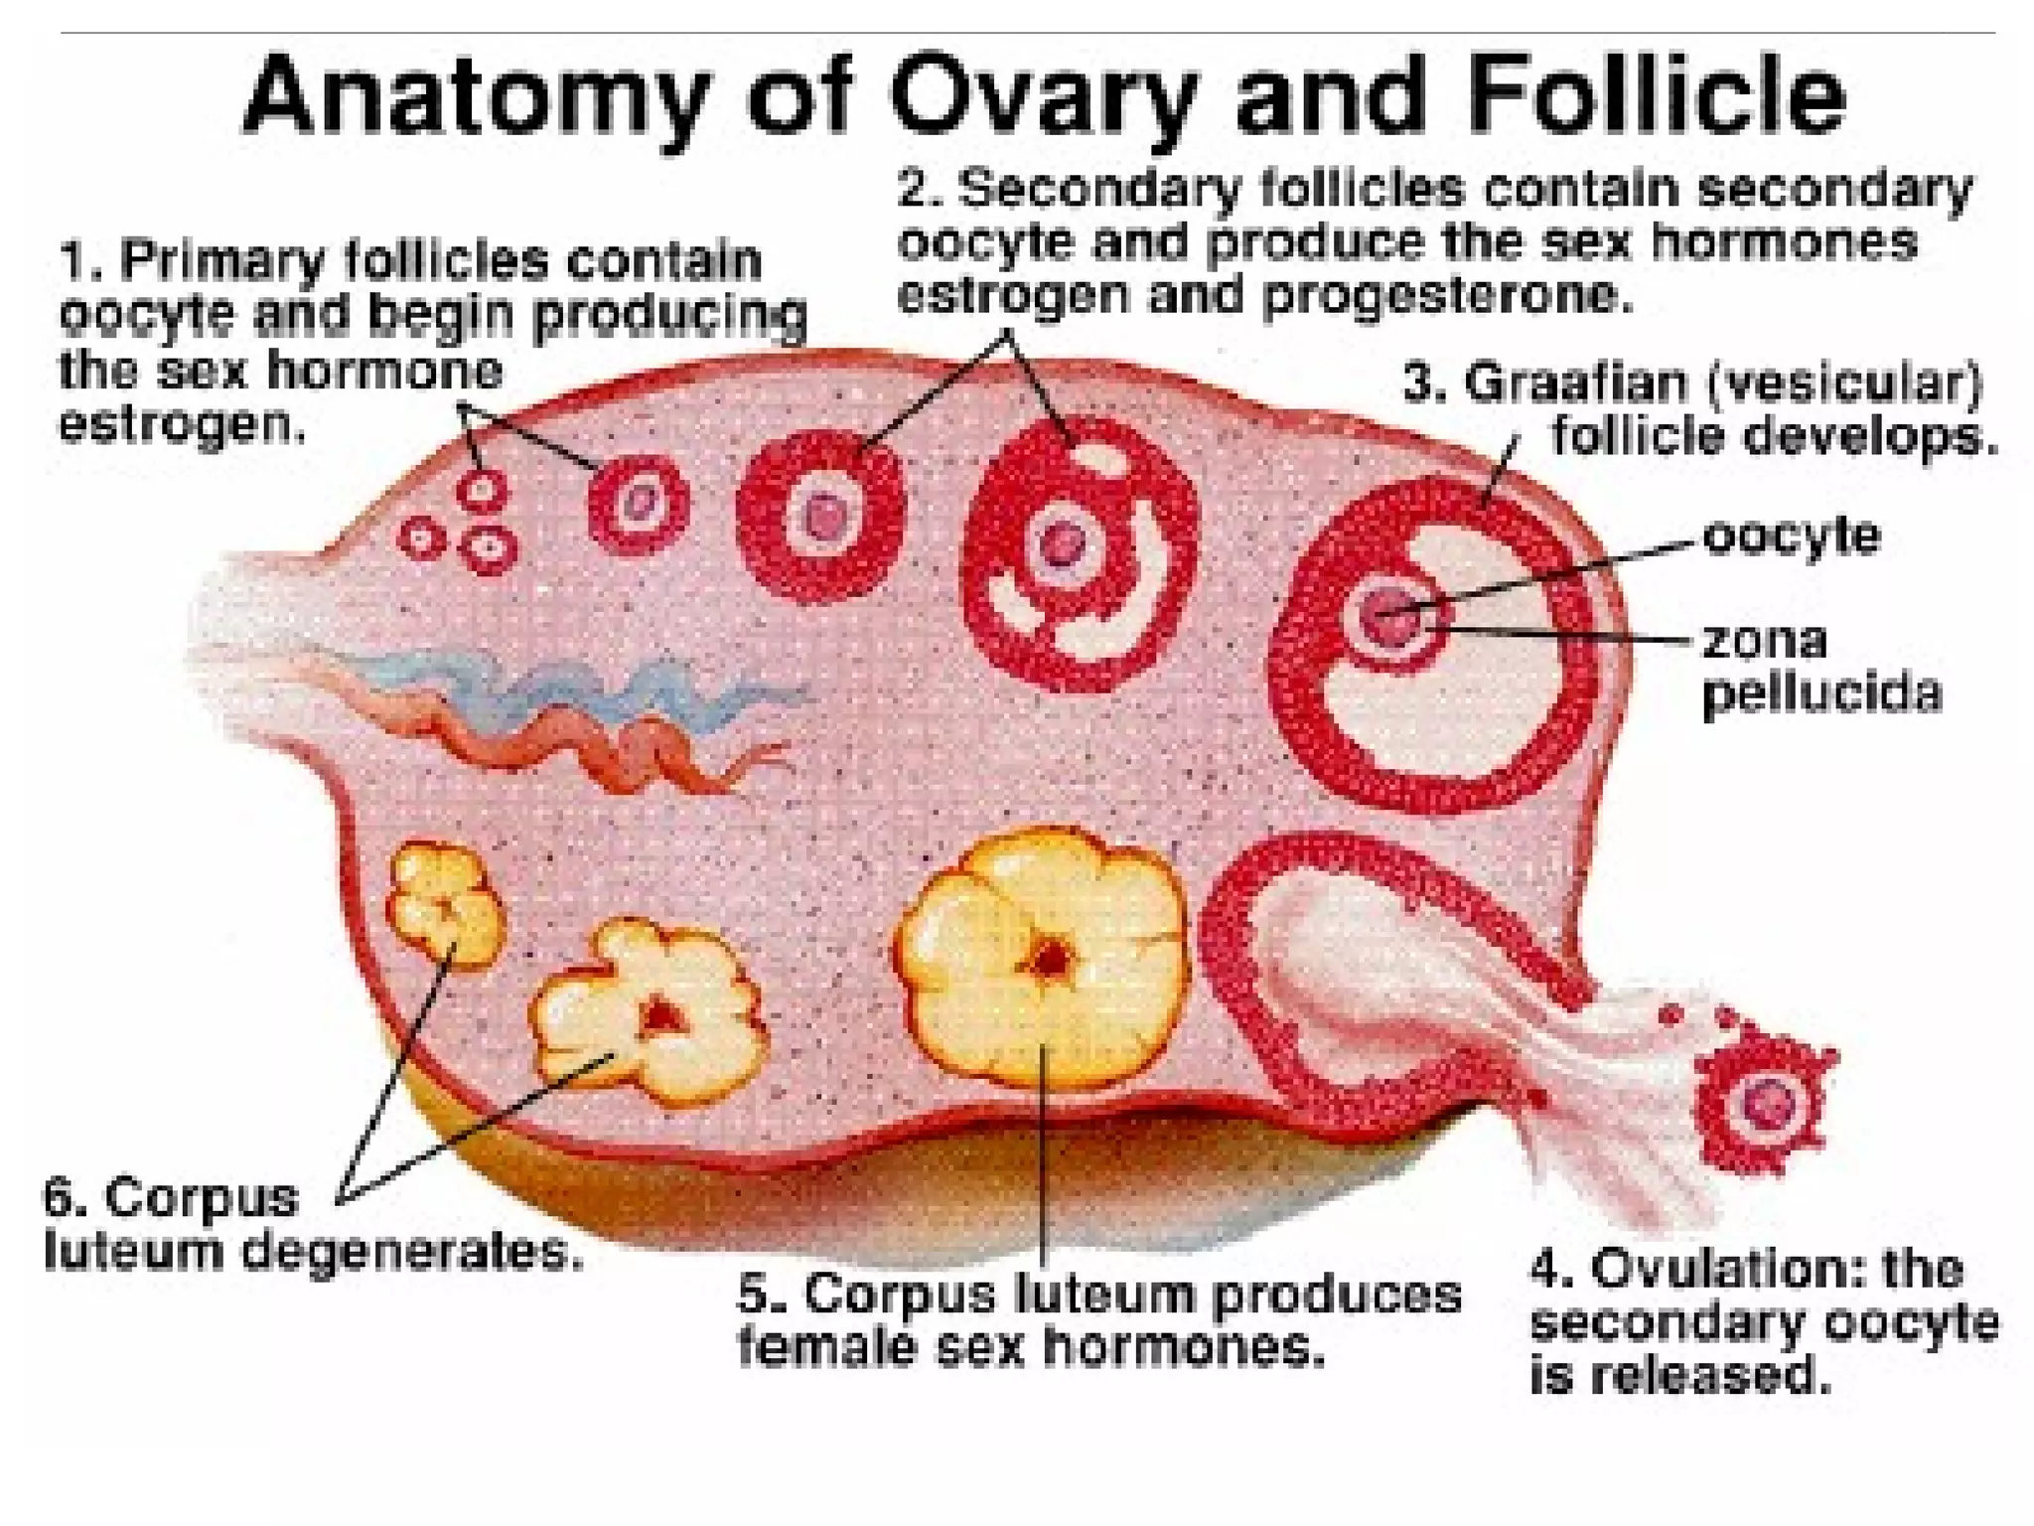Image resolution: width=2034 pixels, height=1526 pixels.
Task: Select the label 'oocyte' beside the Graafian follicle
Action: coord(1791,536)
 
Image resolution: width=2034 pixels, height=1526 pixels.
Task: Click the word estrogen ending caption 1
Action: coord(181,425)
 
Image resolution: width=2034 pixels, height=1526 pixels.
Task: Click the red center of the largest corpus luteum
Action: coord(1049,960)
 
